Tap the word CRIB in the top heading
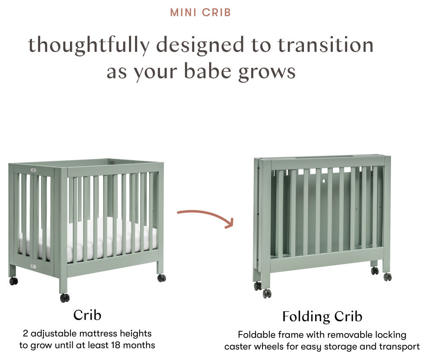click(217, 13)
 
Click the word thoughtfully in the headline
click(89, 45)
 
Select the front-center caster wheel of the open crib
click(65, 298)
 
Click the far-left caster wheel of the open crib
click(13, 281)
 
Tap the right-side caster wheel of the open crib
click(162, 278)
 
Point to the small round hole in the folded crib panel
click(324, 181)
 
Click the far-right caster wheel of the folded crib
click(388, 276)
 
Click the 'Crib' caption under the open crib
click(87, 315)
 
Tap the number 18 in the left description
click(116, 345)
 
